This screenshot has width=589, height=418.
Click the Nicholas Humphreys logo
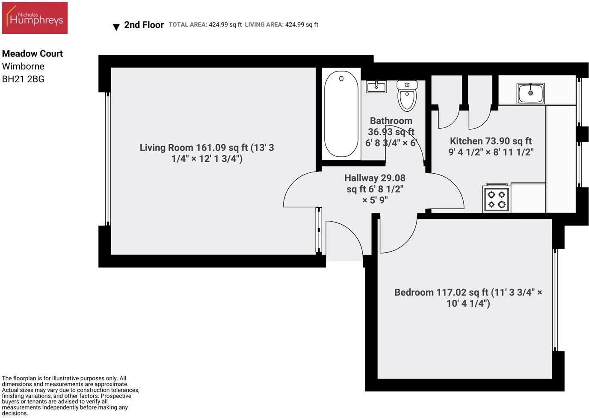point(35,18)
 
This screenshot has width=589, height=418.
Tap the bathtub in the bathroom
point(341,114)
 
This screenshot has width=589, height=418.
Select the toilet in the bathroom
point(407,95)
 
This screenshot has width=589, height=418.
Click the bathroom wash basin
point(376,87)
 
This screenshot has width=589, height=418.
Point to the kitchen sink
point(530,93)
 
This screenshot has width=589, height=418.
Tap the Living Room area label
point(207,153)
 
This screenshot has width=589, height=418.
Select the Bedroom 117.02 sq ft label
point(468,298)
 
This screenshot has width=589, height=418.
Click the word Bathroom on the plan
point(391,121)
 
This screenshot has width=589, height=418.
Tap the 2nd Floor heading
point(144,25)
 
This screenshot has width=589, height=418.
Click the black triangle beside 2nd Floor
point(116,27)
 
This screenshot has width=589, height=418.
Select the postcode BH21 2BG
point(23,79)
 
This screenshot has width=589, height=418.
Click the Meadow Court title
point(33,53)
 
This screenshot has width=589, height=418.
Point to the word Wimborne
point(23,66)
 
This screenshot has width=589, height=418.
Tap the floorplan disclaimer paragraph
point(71,396)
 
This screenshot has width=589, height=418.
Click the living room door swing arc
point(299,188)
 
